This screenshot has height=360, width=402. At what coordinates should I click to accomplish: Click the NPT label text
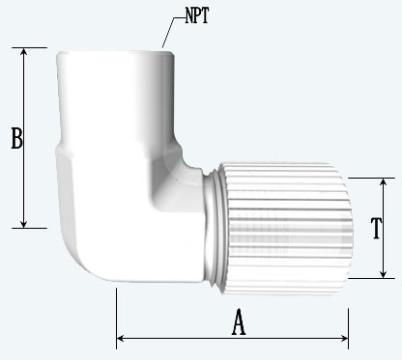tap(197, 15)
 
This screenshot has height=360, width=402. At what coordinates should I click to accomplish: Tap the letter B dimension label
tap(16, 138)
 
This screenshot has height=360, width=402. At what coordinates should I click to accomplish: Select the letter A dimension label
tap(239, 321)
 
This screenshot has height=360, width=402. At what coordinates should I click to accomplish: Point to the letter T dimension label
tap(376, 228)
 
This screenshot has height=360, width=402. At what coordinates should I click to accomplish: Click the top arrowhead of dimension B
tap(23, 52)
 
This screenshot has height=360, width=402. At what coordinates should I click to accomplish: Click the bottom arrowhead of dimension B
tap(23, 223)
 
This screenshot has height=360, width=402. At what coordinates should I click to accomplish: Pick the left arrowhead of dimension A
tap(121, 338)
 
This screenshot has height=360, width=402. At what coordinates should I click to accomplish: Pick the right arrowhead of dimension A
tap(343, 338)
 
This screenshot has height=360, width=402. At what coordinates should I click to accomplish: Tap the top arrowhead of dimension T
tap(383, 182)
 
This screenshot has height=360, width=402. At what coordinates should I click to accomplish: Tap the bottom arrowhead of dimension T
tap(383, 273)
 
